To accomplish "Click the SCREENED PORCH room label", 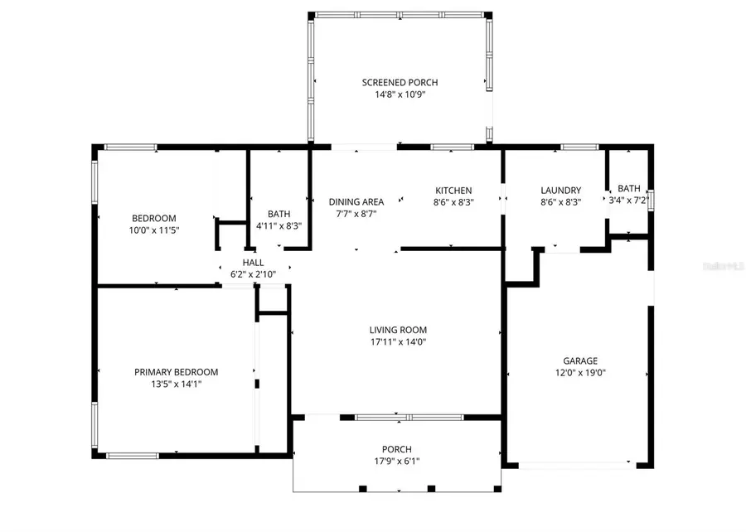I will [x=400, y=82].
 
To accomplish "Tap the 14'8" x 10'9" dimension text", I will [x=400, y=94].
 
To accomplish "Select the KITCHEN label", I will [x=453, y=190].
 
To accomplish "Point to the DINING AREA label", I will [x=356, y=201].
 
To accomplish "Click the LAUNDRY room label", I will [x=560, y=190].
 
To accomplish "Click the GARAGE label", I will [x=580, y=360].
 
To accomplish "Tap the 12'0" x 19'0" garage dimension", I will [x=580, y=373].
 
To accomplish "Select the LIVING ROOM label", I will [x=398, y=329].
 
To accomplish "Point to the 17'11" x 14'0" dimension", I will [x=398, y=341].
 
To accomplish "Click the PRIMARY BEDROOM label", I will [x=176, y=372].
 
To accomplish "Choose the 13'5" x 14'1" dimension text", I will [x=176, y=384].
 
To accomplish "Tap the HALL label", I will [x=254, y=262].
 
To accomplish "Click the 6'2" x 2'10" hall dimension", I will [x=254, y=273].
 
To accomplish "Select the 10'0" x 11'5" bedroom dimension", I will [x=154, y=230].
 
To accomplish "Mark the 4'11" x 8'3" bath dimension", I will [x=279, y=225].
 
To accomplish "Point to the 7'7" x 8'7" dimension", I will [x=356, y=213].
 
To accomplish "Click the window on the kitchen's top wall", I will [x=453, y=148].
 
